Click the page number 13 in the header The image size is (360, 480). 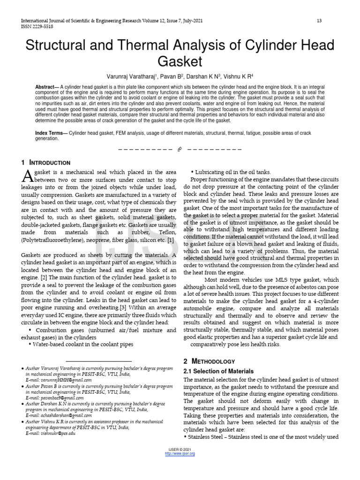tap(319, 21)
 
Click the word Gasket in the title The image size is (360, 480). tap(180, 62)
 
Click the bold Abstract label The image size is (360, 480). tap(47, 88)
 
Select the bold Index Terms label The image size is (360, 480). tap(51, 134)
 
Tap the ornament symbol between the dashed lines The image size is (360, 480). tap(180, 150)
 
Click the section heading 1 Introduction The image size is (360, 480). tap(46, 163)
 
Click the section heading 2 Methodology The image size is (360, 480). tap(209, 361)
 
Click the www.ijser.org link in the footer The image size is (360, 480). tap(180, 454)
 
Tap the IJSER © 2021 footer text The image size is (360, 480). tap(180, 449)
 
